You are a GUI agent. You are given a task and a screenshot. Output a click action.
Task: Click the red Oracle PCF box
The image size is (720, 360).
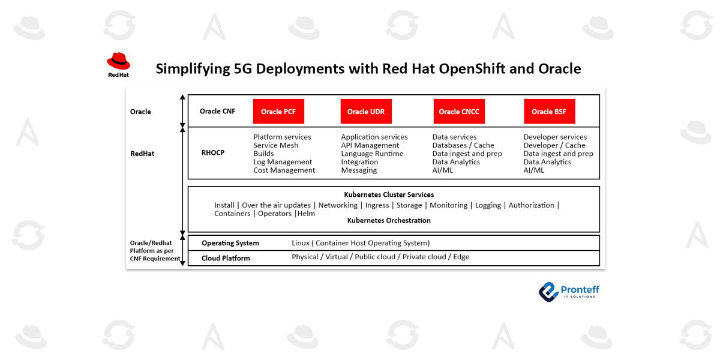[x=278, y=112]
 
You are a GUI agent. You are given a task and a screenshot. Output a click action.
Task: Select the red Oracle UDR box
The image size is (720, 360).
[x=366, y=112]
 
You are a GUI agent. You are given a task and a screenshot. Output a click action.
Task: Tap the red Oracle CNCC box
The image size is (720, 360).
[x=459, y=112]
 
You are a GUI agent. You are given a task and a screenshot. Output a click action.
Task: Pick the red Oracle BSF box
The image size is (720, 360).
[x=549, y=112]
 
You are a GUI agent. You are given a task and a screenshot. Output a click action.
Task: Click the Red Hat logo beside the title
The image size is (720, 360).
[x=118, y=64]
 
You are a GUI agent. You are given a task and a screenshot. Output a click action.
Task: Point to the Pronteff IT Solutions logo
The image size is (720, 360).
[x=569, y=292]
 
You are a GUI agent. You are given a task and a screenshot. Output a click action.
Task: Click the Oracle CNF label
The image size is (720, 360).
[x=218, y=111]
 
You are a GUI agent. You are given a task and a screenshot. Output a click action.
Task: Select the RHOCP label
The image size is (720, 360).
[x=213, y=153]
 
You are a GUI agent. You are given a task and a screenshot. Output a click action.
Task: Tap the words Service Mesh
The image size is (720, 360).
[x=276, y=145]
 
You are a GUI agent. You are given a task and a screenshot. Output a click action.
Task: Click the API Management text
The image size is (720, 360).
[x=370, y=145]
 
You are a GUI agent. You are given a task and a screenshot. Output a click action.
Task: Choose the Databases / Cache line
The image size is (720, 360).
[x=463, y=145]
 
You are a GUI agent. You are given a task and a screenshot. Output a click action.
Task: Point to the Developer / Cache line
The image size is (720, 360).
[x=554, y=145]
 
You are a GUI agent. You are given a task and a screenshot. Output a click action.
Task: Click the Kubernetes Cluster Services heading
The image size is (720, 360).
[x=389, y=195]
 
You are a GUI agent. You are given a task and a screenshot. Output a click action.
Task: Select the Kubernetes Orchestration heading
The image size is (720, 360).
[x=389, y=220]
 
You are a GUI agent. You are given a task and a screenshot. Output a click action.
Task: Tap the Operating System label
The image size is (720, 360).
[x=230, y=243]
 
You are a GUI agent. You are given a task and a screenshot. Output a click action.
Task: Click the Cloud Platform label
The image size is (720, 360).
[x=226, y=258]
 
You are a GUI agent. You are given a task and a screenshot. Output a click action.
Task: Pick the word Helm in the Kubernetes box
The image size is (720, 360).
[x=307, y=214]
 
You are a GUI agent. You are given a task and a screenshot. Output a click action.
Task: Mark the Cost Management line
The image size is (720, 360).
[x=284, y=170]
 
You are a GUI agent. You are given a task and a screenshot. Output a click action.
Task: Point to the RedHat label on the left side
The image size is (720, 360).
[x=142, y=154]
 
